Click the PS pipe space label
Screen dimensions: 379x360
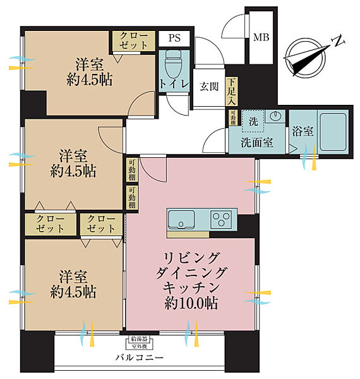174,38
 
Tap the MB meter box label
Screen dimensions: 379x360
261,37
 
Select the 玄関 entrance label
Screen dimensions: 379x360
210,87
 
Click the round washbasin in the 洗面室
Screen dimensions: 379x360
275,117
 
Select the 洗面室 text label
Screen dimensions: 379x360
257,142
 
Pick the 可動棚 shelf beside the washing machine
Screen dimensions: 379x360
232,119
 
